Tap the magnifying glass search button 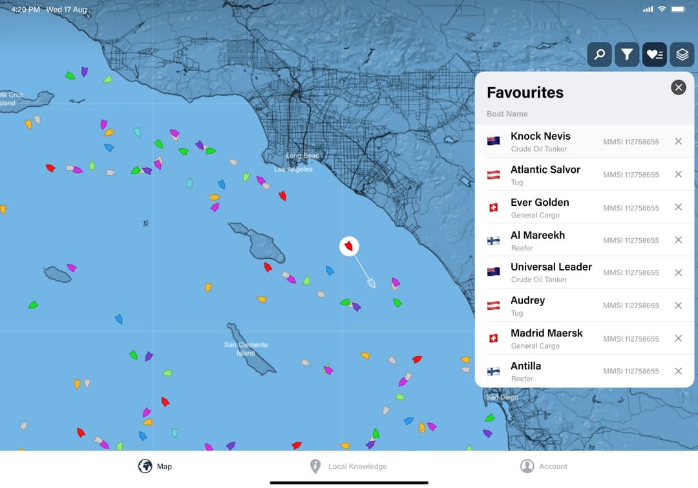(599, 55)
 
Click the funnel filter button (627, 55)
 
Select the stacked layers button (682, 55)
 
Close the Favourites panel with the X (678, 87)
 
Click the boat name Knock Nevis (540, 136)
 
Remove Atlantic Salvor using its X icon (678, 174)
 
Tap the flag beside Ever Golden (494, 208)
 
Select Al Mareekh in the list (538, 235)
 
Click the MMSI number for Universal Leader (631, 272)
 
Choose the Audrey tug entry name (527, 300)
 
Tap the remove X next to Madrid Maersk (678, 338)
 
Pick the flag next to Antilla (494, 372)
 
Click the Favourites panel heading (525, 93)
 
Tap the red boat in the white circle (350, 246)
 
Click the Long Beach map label (302, 156)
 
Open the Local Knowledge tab (357, 466)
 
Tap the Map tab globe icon (145, 466)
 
